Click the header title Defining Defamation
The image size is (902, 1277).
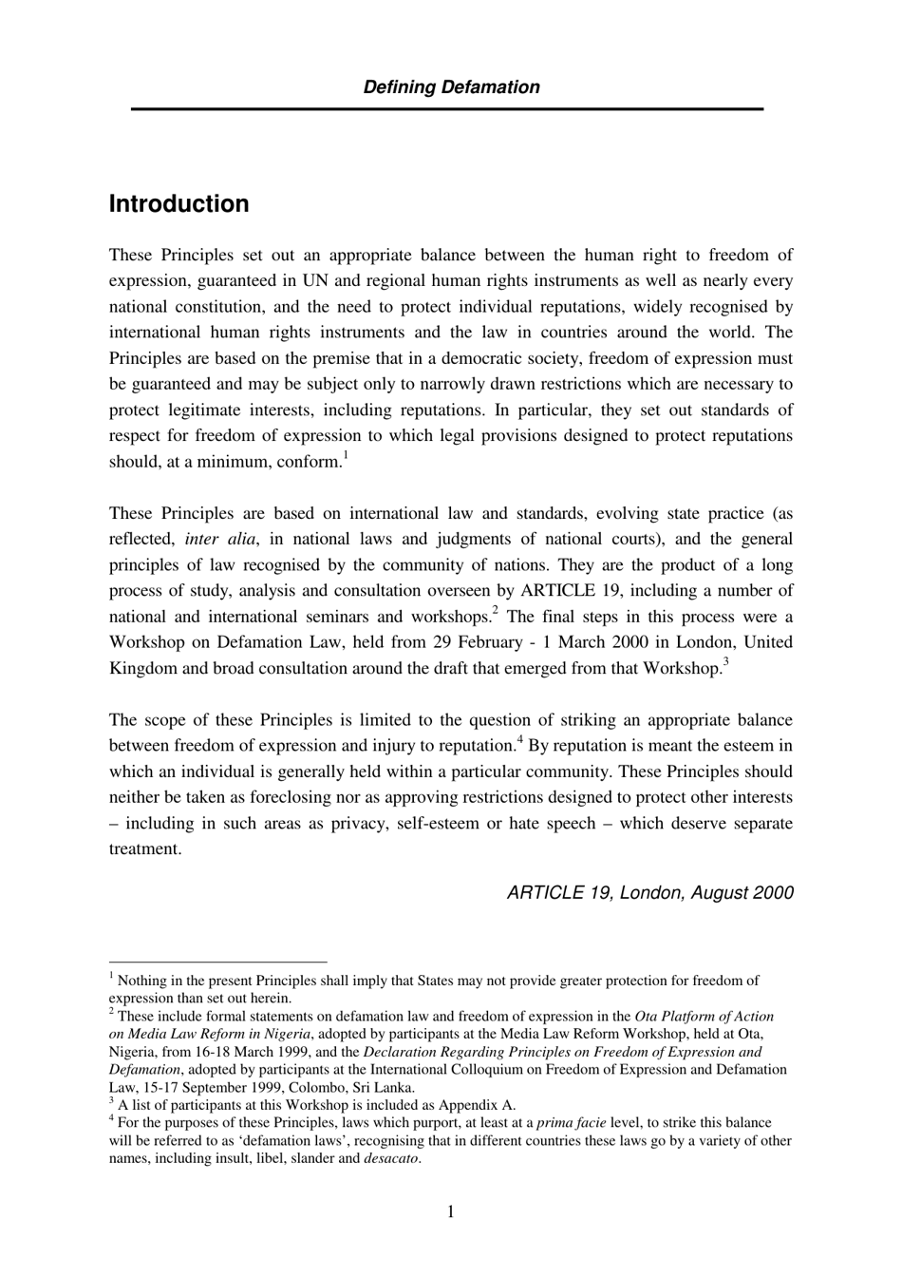(451, 87)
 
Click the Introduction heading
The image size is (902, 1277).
(179, 204)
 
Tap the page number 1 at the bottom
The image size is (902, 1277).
(450, 1211)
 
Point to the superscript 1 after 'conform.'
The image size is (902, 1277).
(346, 456)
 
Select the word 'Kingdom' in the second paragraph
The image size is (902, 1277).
(143, 668)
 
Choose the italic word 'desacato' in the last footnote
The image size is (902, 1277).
(390, 1158)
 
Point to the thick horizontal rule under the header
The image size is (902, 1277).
(447, 109)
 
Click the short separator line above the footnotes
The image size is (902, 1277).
(217, 962)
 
